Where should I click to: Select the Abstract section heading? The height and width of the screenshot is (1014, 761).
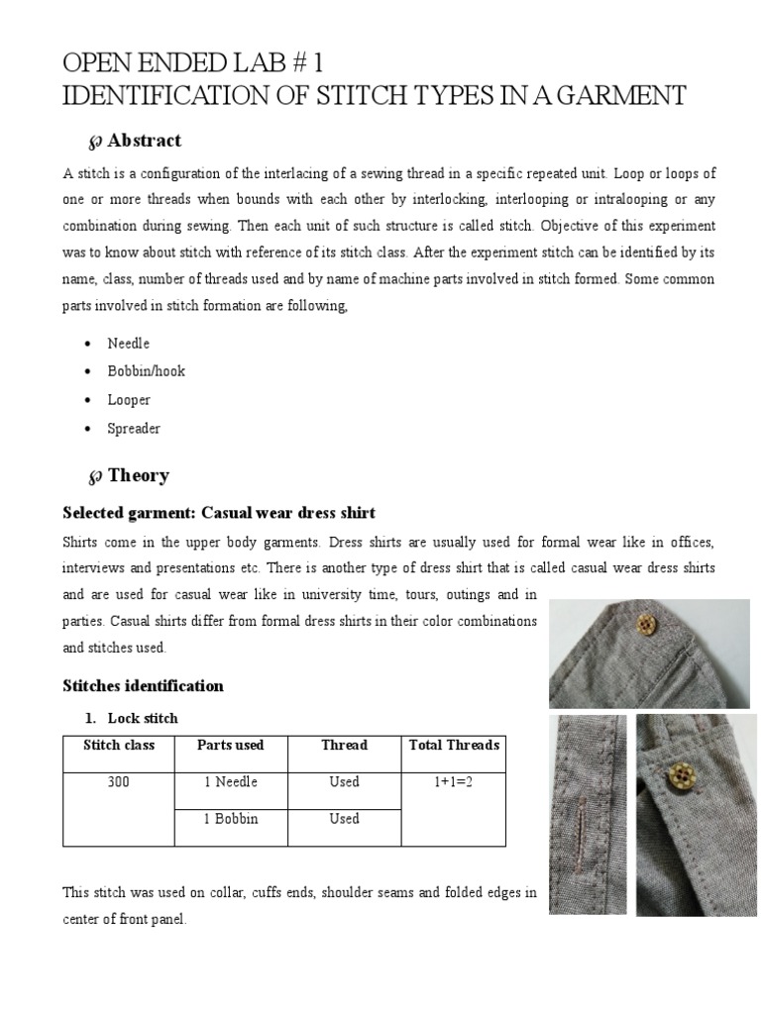coord(144,141)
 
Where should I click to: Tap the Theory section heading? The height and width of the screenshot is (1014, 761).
coord(138,475)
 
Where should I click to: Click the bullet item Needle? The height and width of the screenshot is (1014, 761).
coord(129,343)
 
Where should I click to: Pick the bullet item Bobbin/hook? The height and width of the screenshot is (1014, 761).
coord(147,371)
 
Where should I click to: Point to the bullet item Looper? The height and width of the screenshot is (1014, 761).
coord(129,400)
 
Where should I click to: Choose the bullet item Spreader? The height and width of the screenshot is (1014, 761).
coord(134,429)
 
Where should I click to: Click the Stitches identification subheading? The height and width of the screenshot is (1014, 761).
coord(143,685)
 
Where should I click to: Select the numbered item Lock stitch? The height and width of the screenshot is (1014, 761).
coord(143,718)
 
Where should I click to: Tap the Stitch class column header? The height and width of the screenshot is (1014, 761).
coord(118,745)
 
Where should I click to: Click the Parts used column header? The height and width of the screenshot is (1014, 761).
coord(230,745)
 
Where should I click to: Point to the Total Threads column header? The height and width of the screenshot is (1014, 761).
coord(454,745)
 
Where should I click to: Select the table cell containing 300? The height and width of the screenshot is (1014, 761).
coord(118,782)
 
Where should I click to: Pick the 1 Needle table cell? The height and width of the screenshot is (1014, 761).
coord(230,782)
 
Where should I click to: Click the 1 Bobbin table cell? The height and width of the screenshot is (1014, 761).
coord(230,819)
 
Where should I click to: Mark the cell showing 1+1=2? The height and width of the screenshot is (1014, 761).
coord(454,782)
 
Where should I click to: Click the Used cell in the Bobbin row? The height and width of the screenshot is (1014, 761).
coord(344,819)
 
